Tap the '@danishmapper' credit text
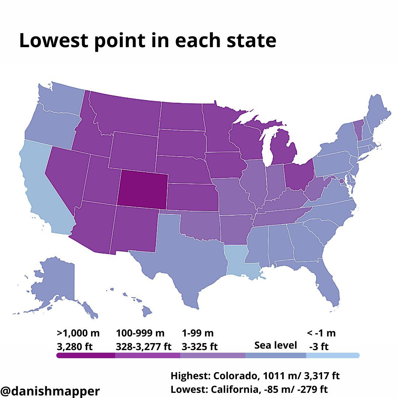point(50,391)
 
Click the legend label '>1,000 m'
point(78,333)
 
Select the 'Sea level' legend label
point(275,345)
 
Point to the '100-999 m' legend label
point(140,333)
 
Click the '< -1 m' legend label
point(321,333)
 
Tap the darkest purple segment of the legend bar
point(86,355)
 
